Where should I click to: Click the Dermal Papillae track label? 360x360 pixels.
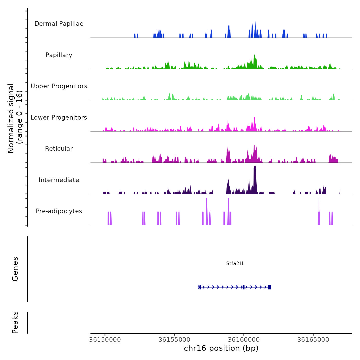tap(59, 24)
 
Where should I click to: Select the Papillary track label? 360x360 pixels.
tap(59, 55)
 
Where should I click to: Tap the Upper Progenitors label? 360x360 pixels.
tap(59, 86)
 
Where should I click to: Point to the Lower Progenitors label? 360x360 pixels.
tap(59, 118)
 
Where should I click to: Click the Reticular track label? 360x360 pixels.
tap(59, 149)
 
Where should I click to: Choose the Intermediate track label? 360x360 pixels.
tap(59, 180)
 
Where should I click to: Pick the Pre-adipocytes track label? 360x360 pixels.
tap(59, 211)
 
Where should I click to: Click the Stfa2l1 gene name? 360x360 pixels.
tap(235, 263)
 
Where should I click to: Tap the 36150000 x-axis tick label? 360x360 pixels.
tap(105, 340)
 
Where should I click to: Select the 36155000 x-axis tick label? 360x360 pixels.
tap(174, 340)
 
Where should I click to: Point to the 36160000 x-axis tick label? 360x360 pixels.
tap(244, 340)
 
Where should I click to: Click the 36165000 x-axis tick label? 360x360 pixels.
tap(313, 340)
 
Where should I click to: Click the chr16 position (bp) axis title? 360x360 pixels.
tap(221, 348)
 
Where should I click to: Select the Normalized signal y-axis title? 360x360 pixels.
tap(15, 118)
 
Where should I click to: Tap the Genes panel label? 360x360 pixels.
tap(15, 269)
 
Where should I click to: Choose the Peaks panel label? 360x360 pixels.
tap(15, 322)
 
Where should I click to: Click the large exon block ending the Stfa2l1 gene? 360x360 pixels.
tap(269, 287)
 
